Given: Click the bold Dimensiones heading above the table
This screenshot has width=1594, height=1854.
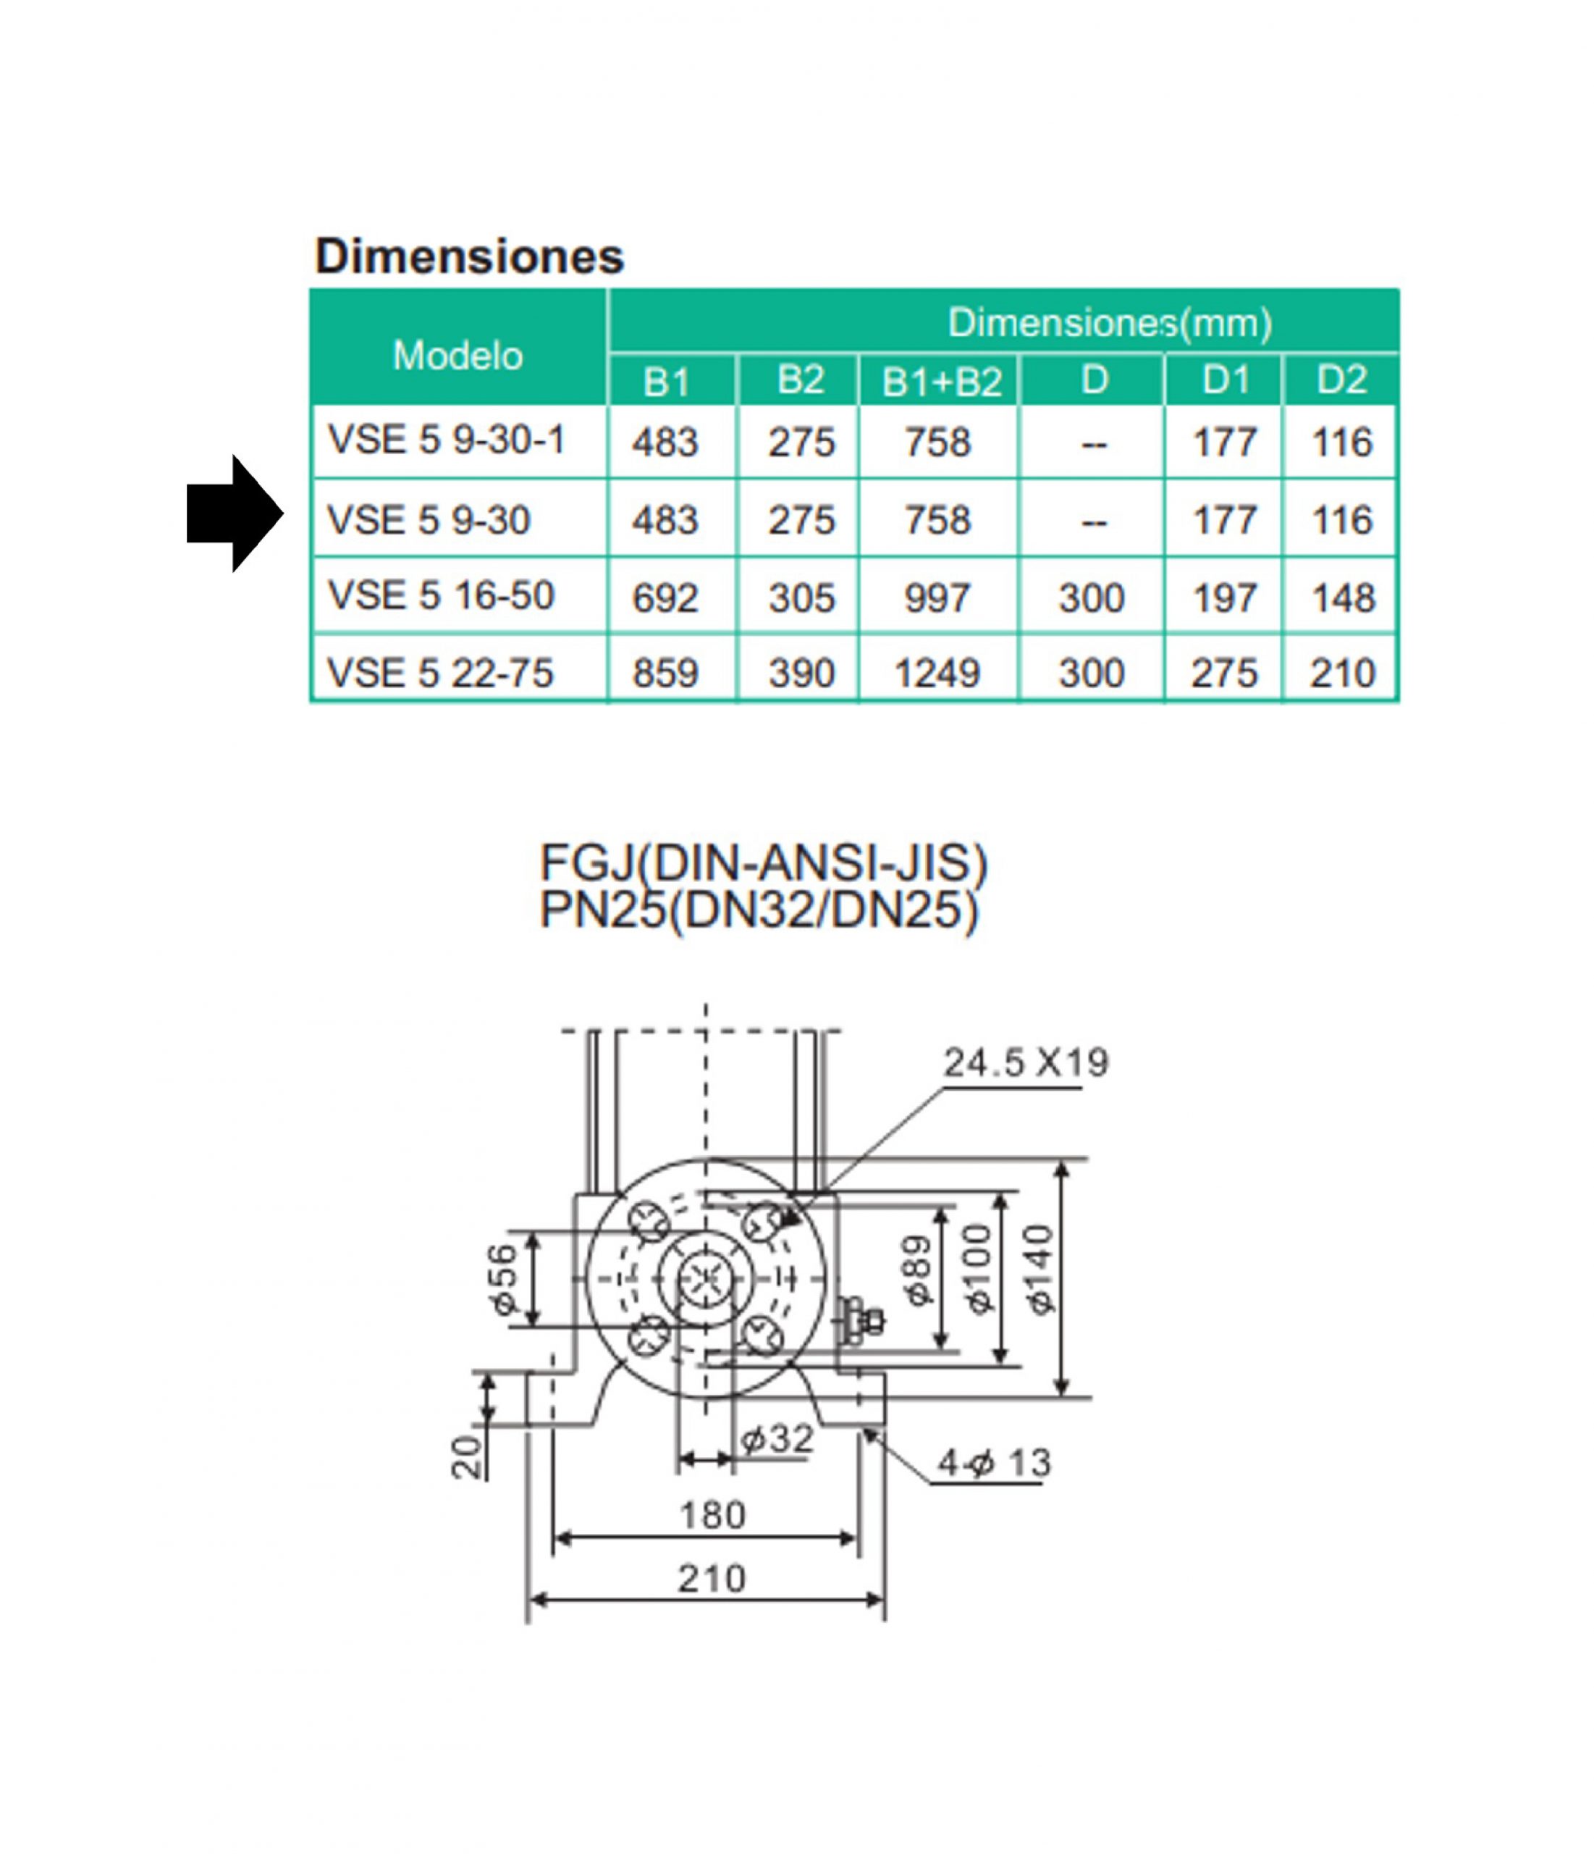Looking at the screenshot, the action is (x=469, y=257).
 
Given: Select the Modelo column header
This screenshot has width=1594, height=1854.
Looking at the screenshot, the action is (x=458, y=356).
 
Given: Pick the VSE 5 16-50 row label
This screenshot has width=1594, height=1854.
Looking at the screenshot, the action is (x=441, y=596).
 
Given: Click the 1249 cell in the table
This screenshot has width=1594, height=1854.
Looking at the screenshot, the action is (x=937, y=674).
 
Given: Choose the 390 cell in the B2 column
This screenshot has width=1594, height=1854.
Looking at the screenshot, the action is (x=801, y=674).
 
